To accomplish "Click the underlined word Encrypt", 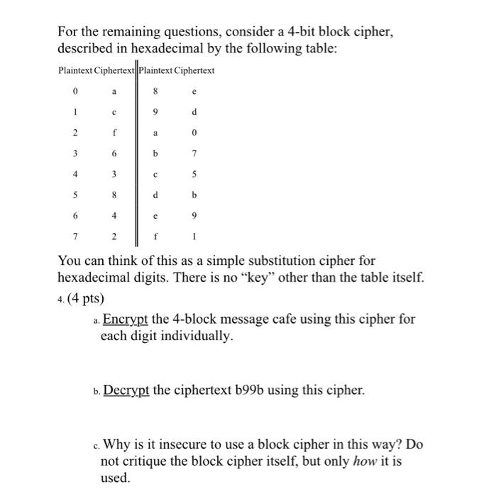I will point(126,319).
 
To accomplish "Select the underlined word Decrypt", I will point(126,390).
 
